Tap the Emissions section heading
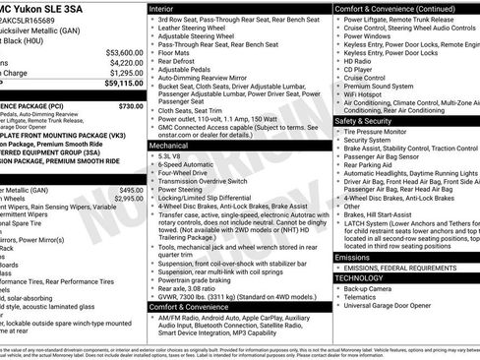(x=353, y=257)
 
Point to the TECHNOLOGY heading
(x=361, y=278)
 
